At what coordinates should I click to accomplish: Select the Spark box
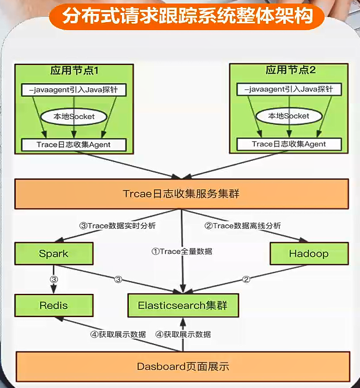pos(53,254)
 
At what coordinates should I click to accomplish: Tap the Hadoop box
pos(309,254)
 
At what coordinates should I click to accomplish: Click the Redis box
pos(53,305)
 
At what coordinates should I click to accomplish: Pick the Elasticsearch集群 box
pos(183,305)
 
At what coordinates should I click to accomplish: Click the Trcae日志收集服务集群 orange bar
pos(181,193)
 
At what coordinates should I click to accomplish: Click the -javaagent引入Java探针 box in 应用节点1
pos(73,90)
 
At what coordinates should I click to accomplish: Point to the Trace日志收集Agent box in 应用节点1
pos(73,144)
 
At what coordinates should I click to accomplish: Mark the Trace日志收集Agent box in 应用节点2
pos(289,144)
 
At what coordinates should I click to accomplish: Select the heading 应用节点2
pos(290,71)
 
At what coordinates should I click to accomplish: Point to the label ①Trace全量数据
pos(182,252)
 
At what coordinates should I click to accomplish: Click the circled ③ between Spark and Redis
pos(53,279)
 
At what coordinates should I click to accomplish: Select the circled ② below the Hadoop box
pos(246,279)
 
